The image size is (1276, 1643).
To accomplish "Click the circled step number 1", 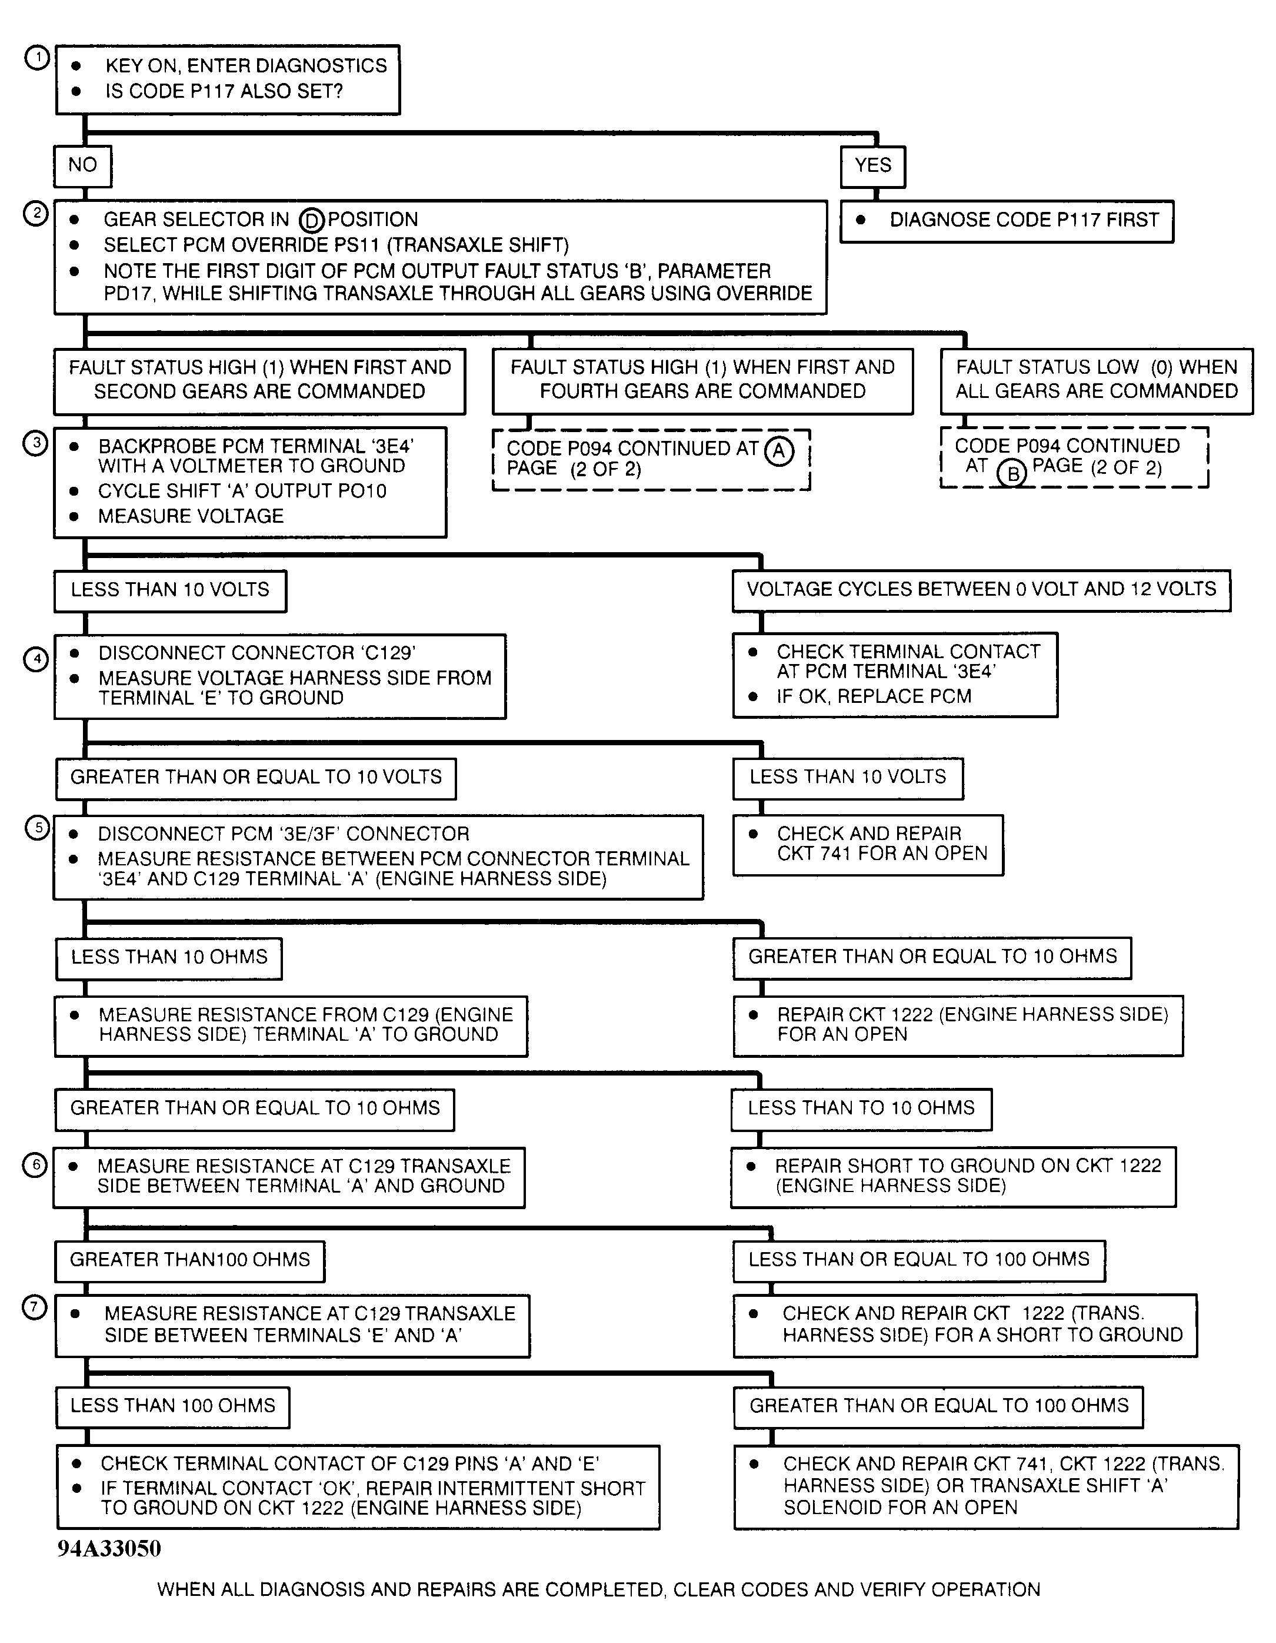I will pos(37,58).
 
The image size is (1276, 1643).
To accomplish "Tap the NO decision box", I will pos(83,165).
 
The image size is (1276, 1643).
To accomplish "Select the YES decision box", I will pos(872,165).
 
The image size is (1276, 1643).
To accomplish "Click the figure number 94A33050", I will pos(109,1548).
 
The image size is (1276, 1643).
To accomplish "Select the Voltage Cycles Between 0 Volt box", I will pos(981,590).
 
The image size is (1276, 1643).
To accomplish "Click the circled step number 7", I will pos(35,1307).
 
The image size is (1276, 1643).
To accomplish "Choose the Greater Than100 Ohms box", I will pos(189,1261).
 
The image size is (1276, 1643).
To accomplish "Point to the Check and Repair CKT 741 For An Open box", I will pos(868,844).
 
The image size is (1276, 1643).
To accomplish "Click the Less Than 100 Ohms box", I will pos(173,1406).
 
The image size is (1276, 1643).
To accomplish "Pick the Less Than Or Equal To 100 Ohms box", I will pos(919,1261).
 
